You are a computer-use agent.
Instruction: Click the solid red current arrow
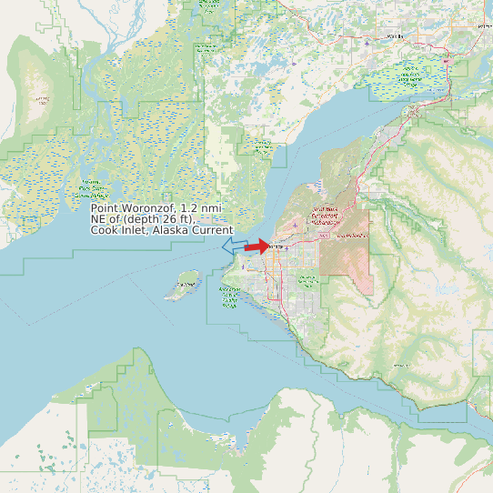coord(257,246)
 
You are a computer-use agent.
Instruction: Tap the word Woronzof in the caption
coord(146,208)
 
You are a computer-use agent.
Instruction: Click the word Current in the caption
coord(211,230)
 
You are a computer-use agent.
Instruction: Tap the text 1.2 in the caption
coord(189,208)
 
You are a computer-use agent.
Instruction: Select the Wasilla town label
coord(395,36)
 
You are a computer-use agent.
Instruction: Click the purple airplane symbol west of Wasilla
coord(366,42)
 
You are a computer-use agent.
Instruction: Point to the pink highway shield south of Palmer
coord(447,61)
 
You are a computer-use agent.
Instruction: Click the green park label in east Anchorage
coord(354,236)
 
